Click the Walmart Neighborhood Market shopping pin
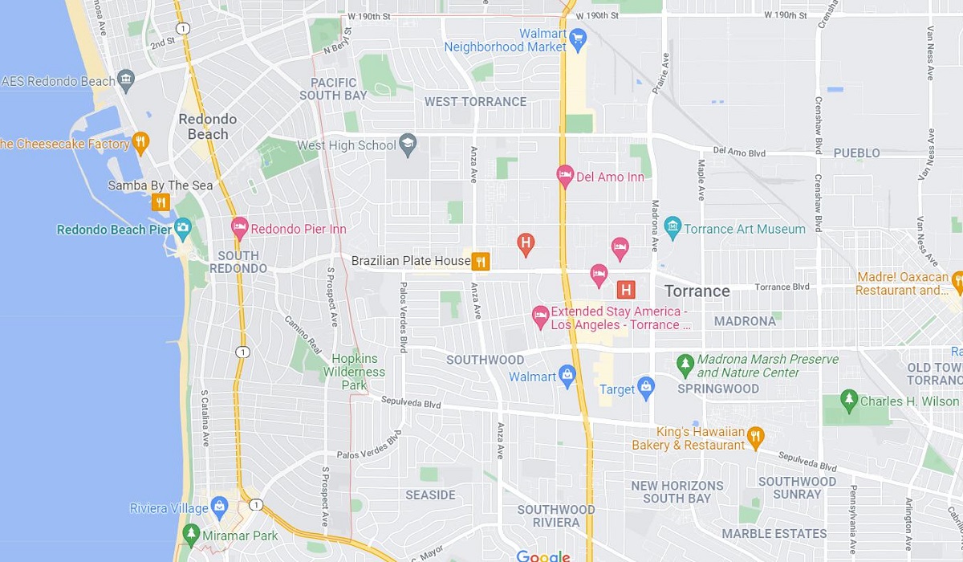coord(577,37)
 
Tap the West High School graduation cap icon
coord(408,144)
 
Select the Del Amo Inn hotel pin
coord(565,176)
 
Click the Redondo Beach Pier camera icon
coord(182,229)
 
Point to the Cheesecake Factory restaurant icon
coord(140,143)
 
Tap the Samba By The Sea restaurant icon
coord(161,202)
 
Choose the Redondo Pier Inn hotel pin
coord(239,228)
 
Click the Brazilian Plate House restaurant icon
coord(481,261)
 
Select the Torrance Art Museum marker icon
coord(672,228)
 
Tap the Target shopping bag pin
coord(646,389)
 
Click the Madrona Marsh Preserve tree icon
coord(685,365)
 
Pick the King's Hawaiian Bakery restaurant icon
coord(754,438)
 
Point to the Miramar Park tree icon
coord(191,535)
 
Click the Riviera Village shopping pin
coord(219,507)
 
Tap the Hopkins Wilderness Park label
coord(354,372)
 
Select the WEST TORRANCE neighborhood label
coord(475,101)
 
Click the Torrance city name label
coord(697,291)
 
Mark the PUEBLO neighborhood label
coord(856,153)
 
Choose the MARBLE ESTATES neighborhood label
coord(774,533)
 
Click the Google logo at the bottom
coord(542,556)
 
